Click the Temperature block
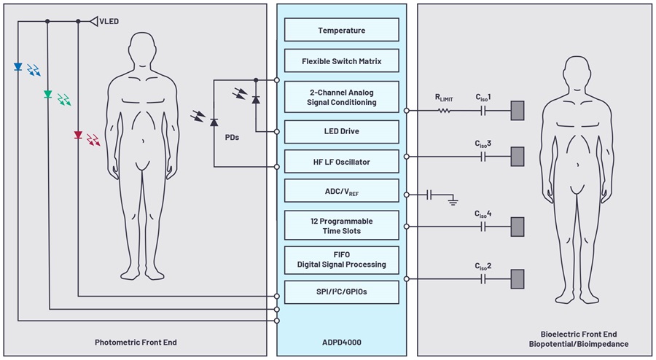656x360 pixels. [x=341, y=30]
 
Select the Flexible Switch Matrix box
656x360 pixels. [x=341, y=61]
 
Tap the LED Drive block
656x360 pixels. [x=341, y=131]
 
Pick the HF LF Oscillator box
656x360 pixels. [x=341, y=162]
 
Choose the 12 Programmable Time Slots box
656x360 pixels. [x=341, y=225]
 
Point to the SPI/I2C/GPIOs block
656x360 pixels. [x=341, y=292]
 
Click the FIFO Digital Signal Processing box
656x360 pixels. [x=341, y=259]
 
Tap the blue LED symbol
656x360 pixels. [x=17, y=67]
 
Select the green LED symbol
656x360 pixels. [x=48, y=94]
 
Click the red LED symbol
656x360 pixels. [x=78, y=135]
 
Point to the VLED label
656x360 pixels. [x=109, y=21]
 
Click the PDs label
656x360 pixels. [x=232, y=136]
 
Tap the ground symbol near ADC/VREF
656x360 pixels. [x=453, y=197]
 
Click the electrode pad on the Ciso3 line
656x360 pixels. [x=517, y=157]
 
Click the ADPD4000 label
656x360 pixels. [x=341, y=343]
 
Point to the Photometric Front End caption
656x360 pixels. [x=136, y=343]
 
